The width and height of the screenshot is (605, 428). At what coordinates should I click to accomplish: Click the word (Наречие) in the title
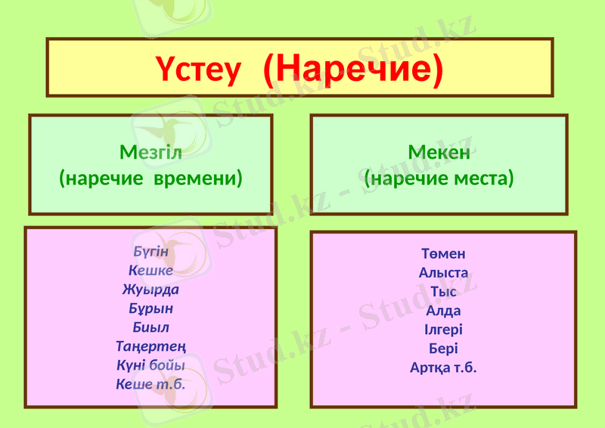point(352,69)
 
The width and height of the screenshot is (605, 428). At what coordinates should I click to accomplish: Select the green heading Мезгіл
point(151,152)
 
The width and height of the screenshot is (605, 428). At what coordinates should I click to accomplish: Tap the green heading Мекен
point(439,152)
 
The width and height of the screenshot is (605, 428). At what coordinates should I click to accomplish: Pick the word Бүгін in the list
point(150,250)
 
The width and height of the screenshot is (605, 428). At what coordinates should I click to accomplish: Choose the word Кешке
point(150,270)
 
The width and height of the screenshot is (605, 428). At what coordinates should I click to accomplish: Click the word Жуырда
point(150,289)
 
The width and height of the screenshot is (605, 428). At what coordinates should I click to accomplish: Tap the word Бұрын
point(150,308)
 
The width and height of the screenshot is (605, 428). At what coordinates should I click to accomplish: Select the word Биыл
point(150,327)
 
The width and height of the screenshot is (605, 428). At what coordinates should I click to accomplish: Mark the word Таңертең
point(150,346)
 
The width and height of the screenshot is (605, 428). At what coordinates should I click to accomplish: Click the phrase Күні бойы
point(150,365)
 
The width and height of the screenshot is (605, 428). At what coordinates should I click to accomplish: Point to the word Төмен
point(443,254)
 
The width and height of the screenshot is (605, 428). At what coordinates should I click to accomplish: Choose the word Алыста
point(443,273)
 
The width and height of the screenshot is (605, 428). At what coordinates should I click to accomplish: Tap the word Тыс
point(443,292)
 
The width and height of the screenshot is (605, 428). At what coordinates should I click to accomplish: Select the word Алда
point(443,311)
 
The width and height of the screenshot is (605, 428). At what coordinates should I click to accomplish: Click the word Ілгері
point(443,330)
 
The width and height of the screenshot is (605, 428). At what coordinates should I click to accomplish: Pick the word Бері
point(443,349)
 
